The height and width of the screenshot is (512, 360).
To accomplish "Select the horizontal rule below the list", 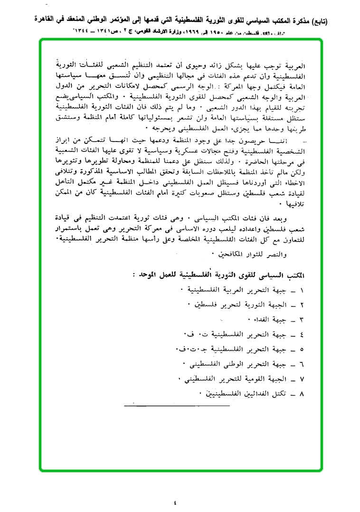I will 177,406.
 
